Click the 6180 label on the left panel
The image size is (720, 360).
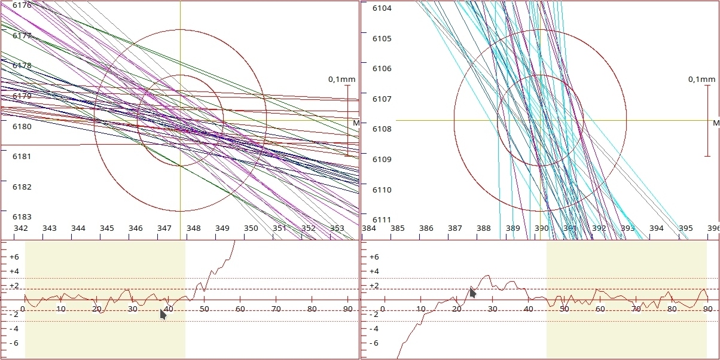click(x=22, y=126)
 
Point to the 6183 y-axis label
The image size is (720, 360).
click(x=22, y=217)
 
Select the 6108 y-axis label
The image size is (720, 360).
click(x=382, y=129)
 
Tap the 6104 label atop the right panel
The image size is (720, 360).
click(x=382, y=8)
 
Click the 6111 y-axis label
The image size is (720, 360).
click(x=382, y=220)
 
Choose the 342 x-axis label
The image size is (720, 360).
click(x=20, y=228)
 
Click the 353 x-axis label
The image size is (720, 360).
click(x=337, y=228)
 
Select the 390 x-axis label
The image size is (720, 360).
click(x=541, y=228)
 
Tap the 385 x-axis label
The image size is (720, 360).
click(x=397, y=228)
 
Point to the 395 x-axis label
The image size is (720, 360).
click(x=685, y=228)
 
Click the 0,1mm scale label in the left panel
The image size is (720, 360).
click(x=341, y=79)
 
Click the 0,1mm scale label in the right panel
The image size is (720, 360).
click(x=701, y=79)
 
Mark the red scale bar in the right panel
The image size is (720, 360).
click(x=708, y=120)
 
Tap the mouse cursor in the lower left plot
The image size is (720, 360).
click(x=163, y=314)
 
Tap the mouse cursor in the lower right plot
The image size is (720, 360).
click(x=472, y=292)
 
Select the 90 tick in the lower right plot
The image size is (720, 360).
click(x=707, y=309)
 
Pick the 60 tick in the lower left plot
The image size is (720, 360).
click(x=240, y=309)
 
